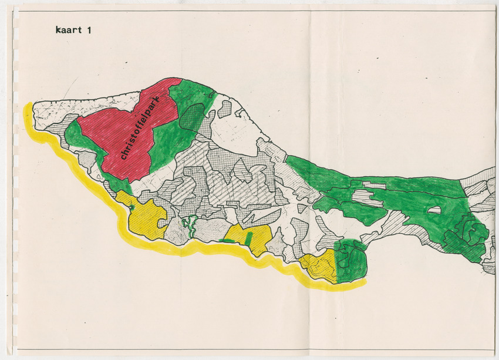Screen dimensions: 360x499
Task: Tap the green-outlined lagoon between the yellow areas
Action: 188,223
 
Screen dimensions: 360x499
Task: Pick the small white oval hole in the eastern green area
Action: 434,210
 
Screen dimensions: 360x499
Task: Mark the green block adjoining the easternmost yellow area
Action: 350,258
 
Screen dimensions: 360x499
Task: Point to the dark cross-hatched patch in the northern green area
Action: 193,117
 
